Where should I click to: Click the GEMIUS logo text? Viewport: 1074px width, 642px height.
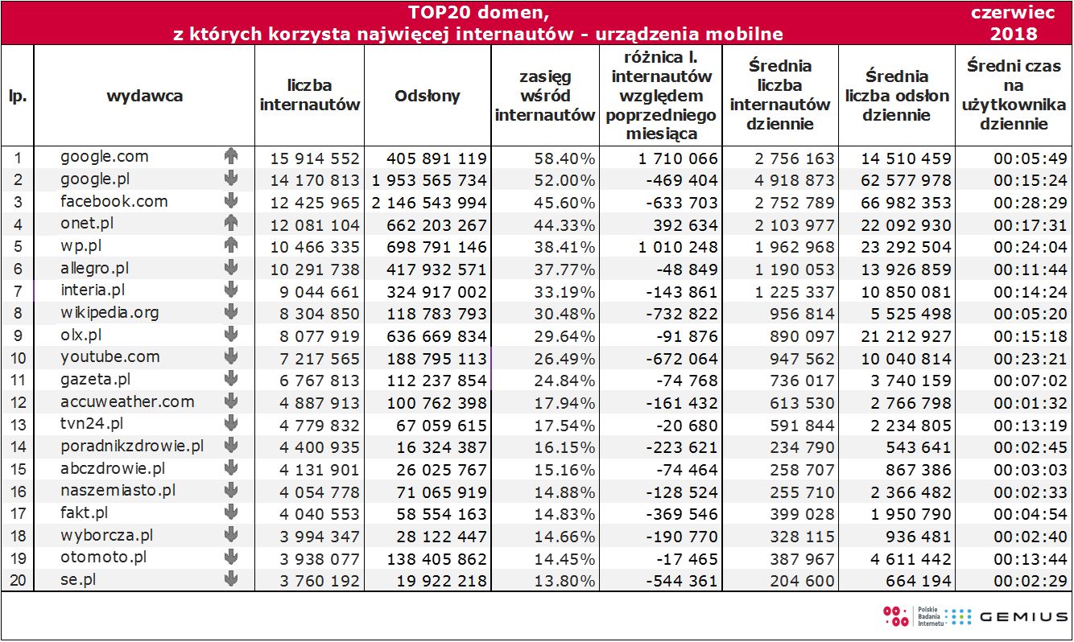click(x=1023, y=617)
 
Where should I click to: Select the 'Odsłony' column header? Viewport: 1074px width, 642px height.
click(x=428, y=96)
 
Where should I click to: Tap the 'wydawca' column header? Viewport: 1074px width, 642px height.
click(x=145, y=96)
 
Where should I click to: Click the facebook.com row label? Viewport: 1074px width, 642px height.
click(x=114, y=202)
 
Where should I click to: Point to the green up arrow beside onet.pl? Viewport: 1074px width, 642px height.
click(x=232, y=224)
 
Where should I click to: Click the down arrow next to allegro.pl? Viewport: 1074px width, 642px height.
click(x=232, y=269)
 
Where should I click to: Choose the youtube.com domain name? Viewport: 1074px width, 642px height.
click(x=109, y=357)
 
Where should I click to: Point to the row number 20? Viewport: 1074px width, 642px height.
click(x=18, y=580)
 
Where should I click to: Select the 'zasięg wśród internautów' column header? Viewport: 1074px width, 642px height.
click(x=545, y=96)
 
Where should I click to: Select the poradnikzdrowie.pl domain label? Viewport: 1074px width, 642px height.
click(x=131, y=447)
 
